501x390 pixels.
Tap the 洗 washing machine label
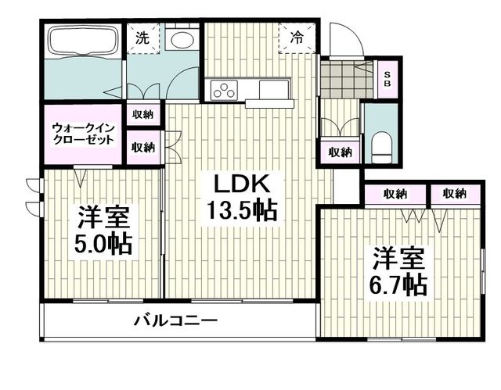point(142,37)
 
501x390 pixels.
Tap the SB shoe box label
point(386,78)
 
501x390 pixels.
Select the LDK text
point(243,185)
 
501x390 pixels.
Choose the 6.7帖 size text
point(399,284)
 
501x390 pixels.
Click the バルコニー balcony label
point(175,320)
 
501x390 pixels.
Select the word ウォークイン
point(82,127)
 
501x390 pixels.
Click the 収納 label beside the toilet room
point(339,152)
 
